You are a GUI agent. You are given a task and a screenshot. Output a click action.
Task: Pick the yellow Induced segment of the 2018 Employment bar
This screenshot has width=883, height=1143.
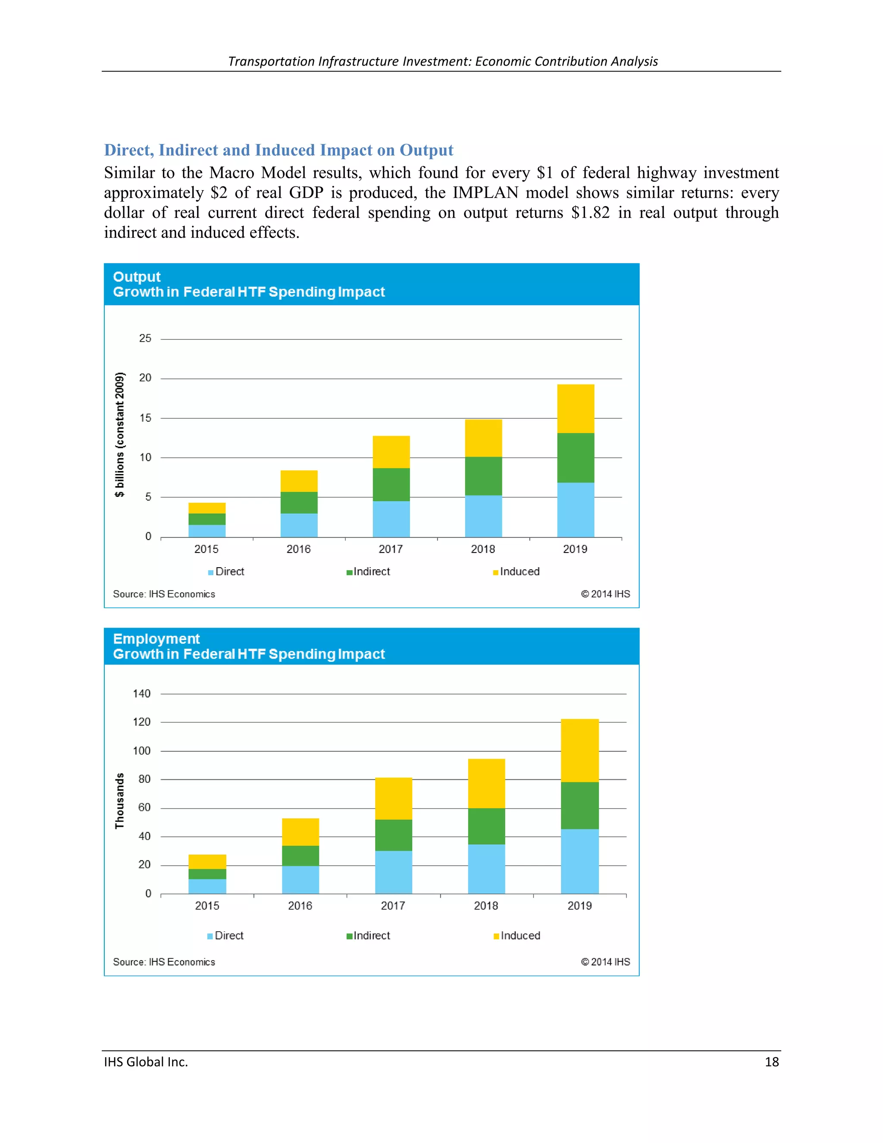point(486,783)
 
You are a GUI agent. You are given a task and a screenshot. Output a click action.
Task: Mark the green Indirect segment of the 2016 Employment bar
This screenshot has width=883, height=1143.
point(300,855)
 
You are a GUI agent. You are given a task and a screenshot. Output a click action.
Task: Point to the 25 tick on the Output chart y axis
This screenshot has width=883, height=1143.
point(145,339)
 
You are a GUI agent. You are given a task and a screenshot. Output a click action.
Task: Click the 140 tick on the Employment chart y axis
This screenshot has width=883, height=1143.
point(141,694)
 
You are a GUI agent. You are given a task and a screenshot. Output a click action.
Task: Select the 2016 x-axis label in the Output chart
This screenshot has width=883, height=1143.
point(298,549)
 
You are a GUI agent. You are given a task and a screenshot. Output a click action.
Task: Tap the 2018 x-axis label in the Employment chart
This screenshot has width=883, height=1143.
point(485,905)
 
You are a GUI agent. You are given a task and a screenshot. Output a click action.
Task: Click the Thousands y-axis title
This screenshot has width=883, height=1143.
point(120,800)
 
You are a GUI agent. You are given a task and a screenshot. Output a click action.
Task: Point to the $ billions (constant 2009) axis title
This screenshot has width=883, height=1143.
point(120,434)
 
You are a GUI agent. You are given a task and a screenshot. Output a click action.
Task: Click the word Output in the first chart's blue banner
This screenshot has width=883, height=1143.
point(137,276)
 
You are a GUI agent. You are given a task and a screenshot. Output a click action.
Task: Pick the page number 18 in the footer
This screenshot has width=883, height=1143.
point(771,1061)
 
